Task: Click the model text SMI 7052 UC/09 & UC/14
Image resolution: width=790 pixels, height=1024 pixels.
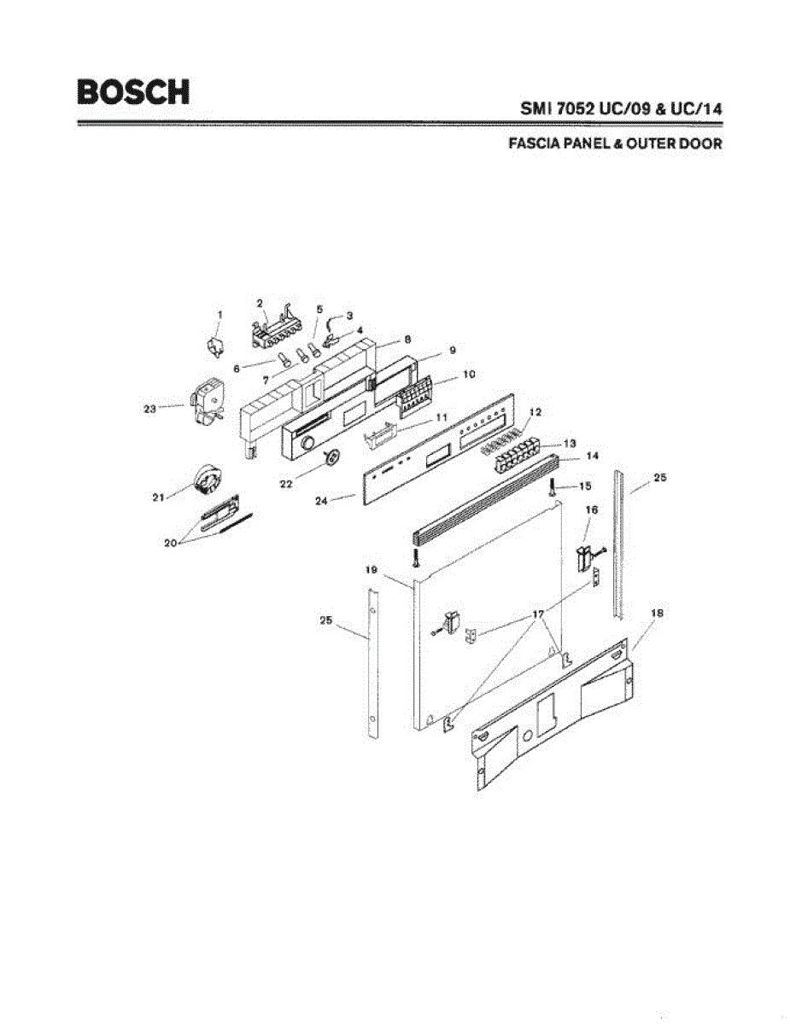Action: pos(622,110)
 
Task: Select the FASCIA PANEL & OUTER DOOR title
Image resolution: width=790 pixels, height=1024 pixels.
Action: pos(615,144)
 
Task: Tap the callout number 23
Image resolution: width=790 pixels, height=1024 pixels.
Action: pos(149,409)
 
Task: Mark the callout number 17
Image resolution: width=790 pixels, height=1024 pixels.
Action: pos(538,614)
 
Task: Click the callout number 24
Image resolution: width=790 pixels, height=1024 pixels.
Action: pos(321,501)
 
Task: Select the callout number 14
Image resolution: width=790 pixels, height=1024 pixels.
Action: pos(569,457)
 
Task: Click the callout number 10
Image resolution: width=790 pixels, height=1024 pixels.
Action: pos(468,375)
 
